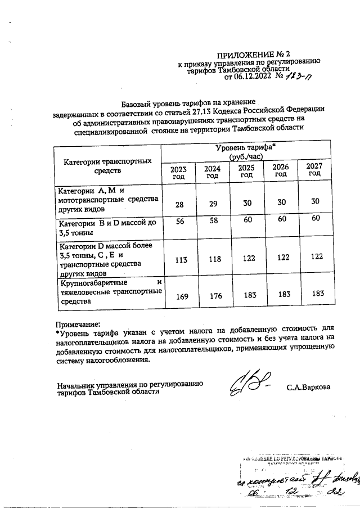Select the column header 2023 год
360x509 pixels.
(x=178, y=172)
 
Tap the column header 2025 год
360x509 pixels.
(x=245, y=170)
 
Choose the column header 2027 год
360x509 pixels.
(x=315, y=169)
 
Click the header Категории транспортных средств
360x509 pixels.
(x=107, y=165)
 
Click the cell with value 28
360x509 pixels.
(x=179, y=205)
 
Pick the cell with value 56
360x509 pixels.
(x=179, y=222)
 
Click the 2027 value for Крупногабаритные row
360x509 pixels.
(x=318, y=293)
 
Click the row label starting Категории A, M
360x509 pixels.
(x=108, y=199)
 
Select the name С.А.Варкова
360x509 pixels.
(x=308, y=388)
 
